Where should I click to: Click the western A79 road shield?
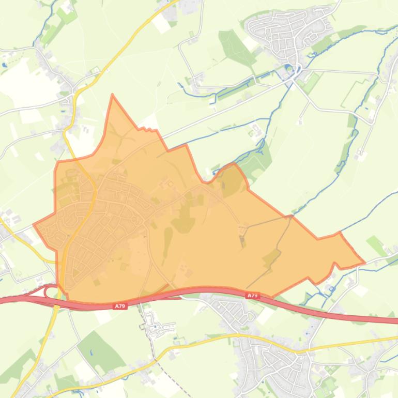click(x=120, y=306)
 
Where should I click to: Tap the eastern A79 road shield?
click(x=252, y=295)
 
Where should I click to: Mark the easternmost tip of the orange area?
click(x=364, y=263)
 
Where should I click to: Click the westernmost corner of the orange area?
click(x=34, y=225)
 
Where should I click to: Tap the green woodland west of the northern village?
click(x=233, y=47)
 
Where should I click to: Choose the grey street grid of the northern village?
click(x=289, y=31)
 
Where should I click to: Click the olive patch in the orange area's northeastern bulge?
click(x=233, y=178)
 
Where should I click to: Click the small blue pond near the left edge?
click(x=5, y=66)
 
